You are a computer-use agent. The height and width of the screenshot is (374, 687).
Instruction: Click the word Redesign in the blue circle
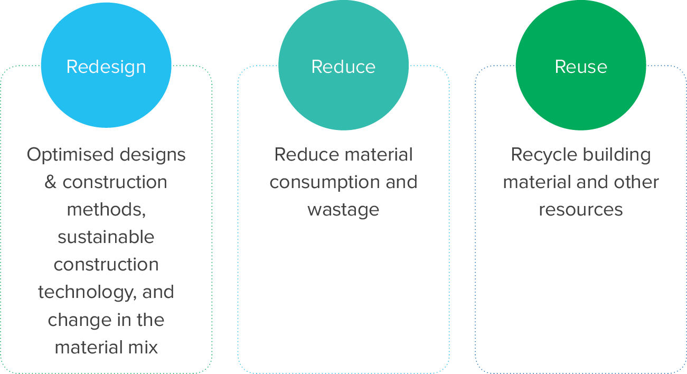[106, 67]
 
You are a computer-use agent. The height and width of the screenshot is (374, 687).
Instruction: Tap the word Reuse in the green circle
[580, 67]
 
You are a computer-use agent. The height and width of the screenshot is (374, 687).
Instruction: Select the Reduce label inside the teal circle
[343, 67]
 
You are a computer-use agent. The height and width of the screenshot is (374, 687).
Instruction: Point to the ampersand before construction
[51, 182]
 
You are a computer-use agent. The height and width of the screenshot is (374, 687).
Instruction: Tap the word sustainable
[106, 237]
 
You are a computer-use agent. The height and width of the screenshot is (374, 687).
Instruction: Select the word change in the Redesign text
[76, 320]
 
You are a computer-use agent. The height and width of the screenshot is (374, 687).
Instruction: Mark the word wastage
[343, 210]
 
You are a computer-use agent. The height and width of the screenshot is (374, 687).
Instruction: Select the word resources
[580, 210]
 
